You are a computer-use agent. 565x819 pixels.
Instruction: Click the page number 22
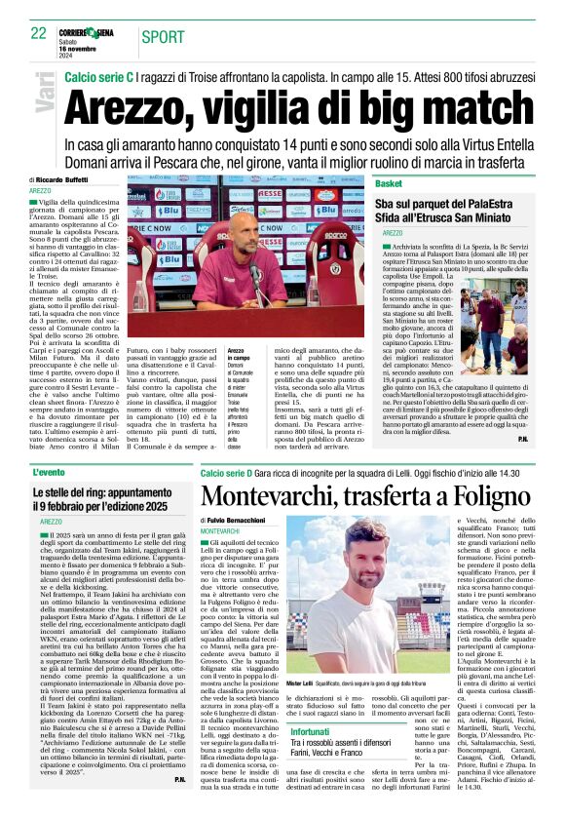(x=38, y=33)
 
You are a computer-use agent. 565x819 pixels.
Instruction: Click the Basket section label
(x=389, y=183)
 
